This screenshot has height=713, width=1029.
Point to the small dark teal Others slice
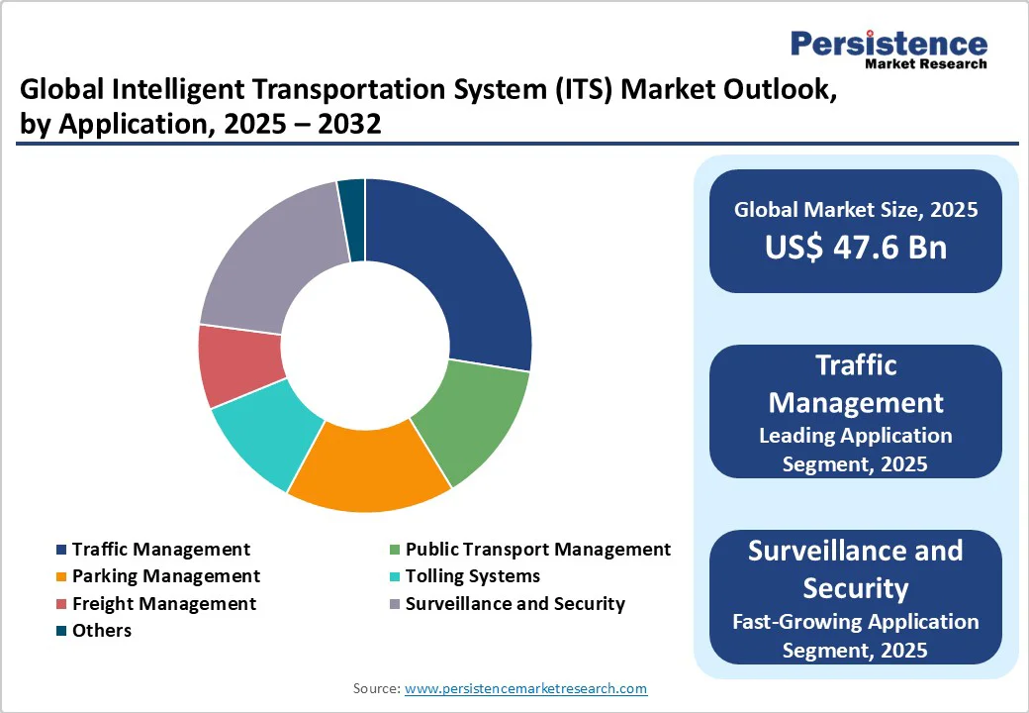[x=352, y=220]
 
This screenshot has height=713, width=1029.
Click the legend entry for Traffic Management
[x=161, y=550]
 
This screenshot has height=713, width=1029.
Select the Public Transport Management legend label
[x=538, y=550]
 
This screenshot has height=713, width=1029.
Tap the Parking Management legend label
[x=166, y=576]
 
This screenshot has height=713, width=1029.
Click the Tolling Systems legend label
[x=473, y=576]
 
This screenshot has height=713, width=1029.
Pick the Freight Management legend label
[x=164, y=603]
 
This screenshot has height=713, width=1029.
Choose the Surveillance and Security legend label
[x=515, y=603]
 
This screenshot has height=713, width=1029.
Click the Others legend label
[x=102, y=630]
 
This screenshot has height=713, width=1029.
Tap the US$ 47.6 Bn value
[x=856, y=248]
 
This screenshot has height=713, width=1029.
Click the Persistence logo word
[x=888, y=43]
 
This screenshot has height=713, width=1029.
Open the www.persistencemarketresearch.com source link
[x=526, y=688]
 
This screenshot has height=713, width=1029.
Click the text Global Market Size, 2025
[x=856, y=210]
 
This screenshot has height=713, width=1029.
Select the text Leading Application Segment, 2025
[x=856, y=449]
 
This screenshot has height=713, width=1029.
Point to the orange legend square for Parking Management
[x=62, y=576]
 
